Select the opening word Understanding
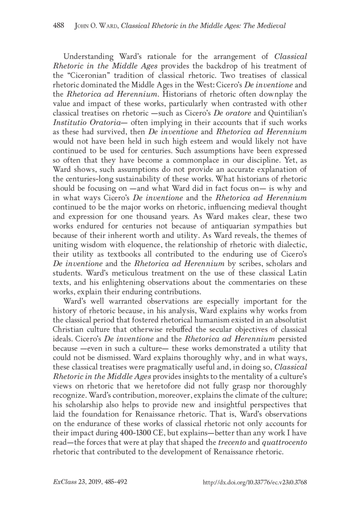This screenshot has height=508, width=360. pyautogui.click(x=88, y=57)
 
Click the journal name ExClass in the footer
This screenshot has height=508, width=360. pyautogui.click(x=64, y=481)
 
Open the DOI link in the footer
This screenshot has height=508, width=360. pyautogui.click(x=255, y=481)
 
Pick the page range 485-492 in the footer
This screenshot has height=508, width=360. pyautogui.click(x=116, y=481)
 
